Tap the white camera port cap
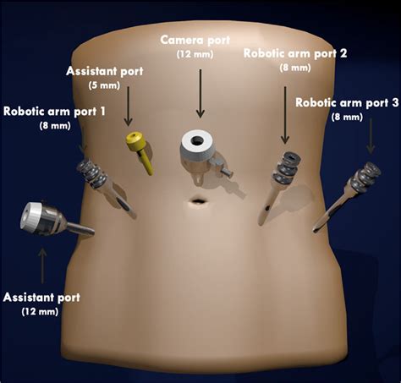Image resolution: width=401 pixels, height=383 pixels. [x=196, y=147]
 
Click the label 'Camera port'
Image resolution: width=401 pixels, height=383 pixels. [x=195, y=41]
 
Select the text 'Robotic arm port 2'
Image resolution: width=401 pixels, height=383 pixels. [x=295, y=53]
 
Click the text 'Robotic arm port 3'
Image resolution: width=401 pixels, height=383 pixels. [x=347, y=102]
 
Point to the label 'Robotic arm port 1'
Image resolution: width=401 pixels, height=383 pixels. [x=54, y=112]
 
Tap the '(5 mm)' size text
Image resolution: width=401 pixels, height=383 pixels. [x=104, y=85]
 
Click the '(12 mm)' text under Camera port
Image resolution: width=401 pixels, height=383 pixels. [x=195, y=54]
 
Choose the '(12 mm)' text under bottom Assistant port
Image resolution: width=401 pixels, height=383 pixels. [x=40, y=311]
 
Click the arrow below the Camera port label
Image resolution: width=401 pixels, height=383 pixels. [x=200, y=94]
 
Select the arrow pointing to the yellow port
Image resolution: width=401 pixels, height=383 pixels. [x=129, y=106]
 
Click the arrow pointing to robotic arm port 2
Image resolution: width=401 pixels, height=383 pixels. [x=285, y=115]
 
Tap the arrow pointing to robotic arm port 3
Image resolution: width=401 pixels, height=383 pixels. [x=371, y=136]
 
